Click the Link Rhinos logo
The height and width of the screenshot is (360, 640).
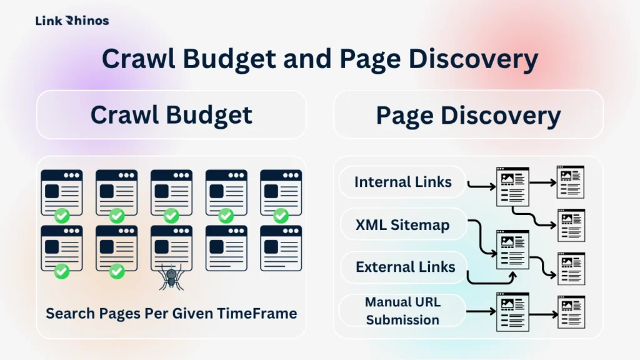tap(72, 21)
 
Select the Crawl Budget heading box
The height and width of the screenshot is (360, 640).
tap(171, 114)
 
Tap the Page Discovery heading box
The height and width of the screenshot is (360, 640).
tap(468, 114)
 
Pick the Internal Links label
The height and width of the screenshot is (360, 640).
tap(402, 182)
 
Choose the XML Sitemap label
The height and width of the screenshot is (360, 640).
tap(402, 224)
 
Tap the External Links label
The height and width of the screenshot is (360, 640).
tap(405, 267)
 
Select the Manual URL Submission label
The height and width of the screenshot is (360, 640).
tap(402, 311)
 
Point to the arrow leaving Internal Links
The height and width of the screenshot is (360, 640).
tap(481, 185)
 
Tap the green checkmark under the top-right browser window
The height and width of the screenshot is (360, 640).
tap(281, 216)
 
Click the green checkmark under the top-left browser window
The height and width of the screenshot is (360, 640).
tap(61, 216)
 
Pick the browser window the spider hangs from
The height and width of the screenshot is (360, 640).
tap(171, 247)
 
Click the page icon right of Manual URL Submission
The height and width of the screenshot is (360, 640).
tap(512, 311)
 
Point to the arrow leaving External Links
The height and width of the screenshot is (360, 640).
tap(491, 279)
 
